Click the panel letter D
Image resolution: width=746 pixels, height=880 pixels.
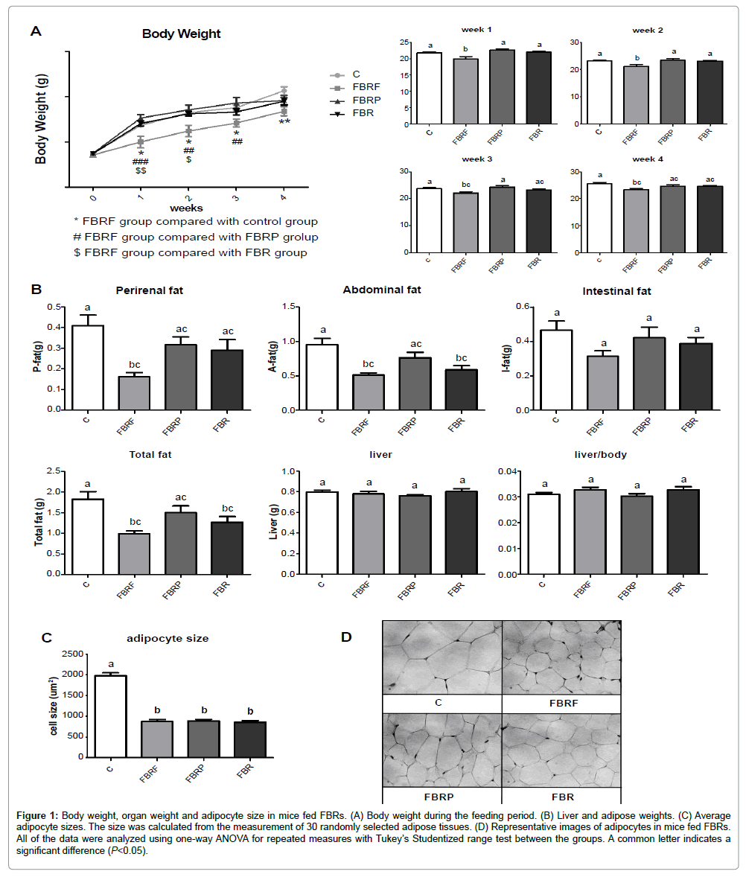pyautogui.click(x=345, y=637)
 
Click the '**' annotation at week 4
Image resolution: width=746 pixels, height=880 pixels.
pyautogui.click(x=284, y=122)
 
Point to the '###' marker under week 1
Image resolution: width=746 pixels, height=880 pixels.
pyautogui.click(x=141, y=162)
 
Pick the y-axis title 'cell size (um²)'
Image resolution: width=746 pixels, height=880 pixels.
pyautogui.click(x=56, y=705)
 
